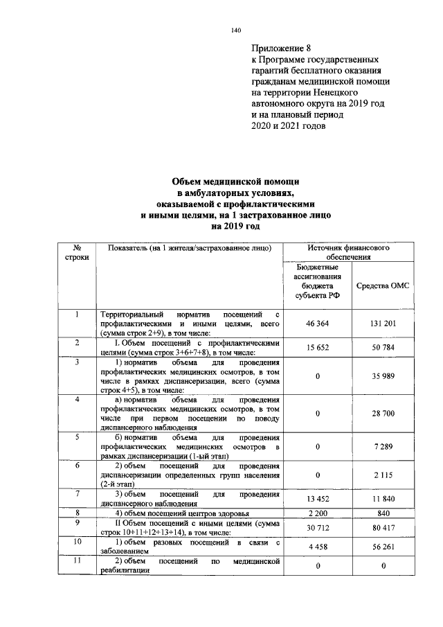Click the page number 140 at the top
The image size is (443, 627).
tap(235, 30)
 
